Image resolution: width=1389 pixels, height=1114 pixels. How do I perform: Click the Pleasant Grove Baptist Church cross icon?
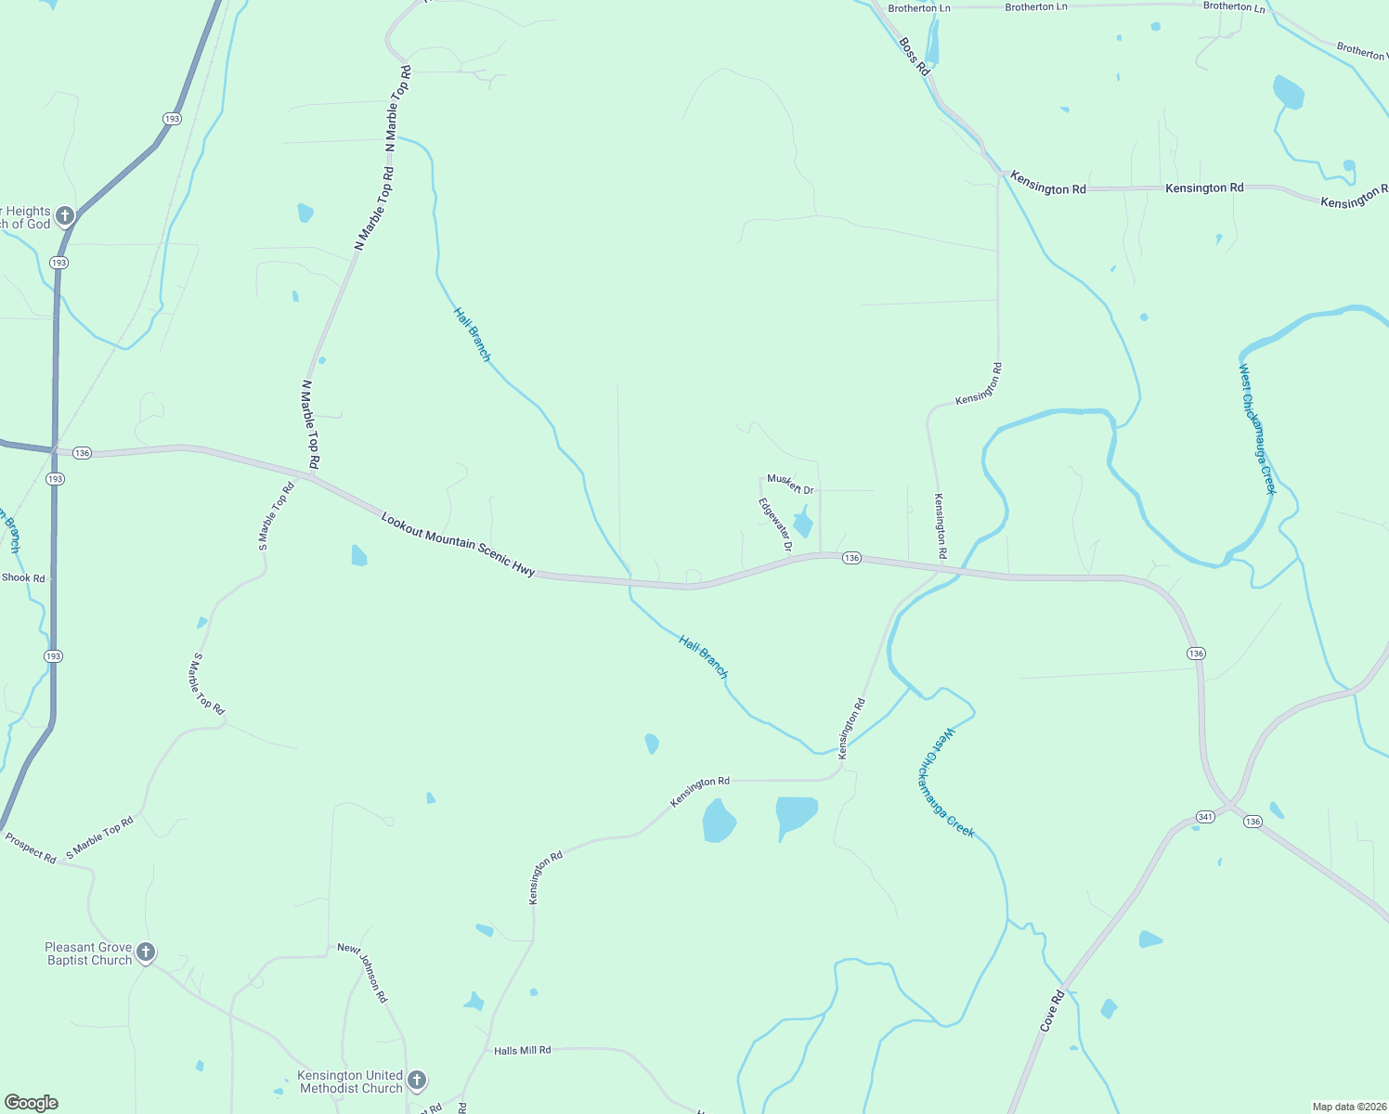(x=145, y=952)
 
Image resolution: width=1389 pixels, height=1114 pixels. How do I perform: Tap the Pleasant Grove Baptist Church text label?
(x=89, y=954)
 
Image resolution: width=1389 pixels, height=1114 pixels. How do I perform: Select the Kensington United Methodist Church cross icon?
(x=417, y=1080)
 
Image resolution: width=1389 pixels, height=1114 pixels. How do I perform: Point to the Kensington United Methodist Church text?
(x=350, y=1082)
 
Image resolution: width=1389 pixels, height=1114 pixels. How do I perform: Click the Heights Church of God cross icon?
(x=64, y=216)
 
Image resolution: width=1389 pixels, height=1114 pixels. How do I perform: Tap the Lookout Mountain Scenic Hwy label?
(x=458, y=544)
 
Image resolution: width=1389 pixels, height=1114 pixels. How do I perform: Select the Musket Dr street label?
(x=790, y=485)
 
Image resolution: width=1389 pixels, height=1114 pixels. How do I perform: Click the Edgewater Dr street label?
(x=775, y=525)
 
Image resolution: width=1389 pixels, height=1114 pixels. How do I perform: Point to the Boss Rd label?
(x=914, y=57)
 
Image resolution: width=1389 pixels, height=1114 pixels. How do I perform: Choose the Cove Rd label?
(x=1052, y=1012)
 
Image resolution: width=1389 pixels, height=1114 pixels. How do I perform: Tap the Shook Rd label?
(x=23, y=577)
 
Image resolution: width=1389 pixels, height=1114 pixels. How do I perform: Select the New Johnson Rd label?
(x=363, y=973)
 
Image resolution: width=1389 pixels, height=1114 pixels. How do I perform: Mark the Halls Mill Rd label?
(x=522, y=1050)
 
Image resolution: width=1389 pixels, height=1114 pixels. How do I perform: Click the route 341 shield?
(x=1205, y=817)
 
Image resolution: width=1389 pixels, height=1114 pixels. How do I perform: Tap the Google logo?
(x=31, y=1103)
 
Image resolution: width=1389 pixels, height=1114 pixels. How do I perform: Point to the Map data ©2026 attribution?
(x=1347, y=1107)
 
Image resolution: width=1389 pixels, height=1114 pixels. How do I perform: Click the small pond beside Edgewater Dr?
(x=803, y=524)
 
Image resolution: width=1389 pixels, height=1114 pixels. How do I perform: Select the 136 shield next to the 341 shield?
(x=1253, y=822)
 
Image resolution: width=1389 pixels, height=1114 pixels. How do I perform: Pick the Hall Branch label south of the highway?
(x=703, y=656)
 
